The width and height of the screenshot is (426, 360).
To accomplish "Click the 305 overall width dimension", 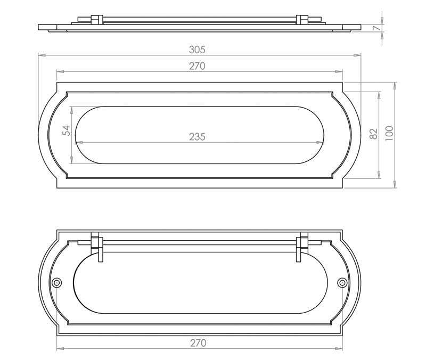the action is [x=197, y=50].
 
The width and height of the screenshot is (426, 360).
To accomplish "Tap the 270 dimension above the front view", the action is [x=197, y=66].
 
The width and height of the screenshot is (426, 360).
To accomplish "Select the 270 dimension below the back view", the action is [x=198, y=343].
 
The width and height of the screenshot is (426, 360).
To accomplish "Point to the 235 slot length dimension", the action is [x=197, y=137].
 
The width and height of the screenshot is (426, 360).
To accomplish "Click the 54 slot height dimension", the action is [x=66, y=130].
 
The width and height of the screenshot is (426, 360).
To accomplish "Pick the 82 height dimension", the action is [x=374, y=134].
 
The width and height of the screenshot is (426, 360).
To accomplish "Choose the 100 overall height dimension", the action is [x=389, y=134].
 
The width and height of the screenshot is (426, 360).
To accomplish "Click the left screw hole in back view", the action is [x=57, y=283].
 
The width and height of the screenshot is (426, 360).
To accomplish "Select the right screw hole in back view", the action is [x=342, y=283].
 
